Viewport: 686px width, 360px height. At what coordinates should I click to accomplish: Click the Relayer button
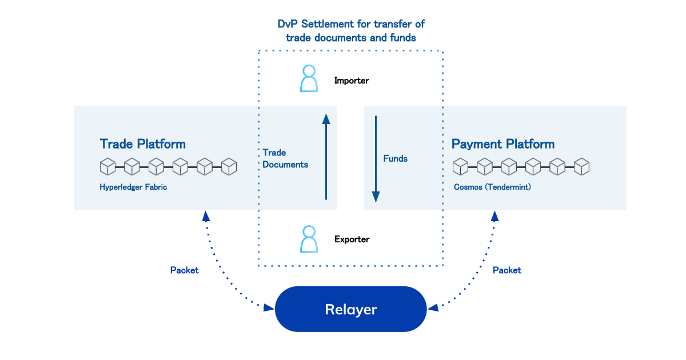350,309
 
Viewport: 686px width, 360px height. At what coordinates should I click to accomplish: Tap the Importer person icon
309,78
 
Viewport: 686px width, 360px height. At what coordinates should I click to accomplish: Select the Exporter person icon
309,239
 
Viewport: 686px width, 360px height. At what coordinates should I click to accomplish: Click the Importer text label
352,81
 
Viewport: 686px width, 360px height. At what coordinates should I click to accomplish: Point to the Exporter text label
352,239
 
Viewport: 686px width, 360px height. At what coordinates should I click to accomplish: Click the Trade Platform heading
143,144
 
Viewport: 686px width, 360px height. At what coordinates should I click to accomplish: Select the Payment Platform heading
503,144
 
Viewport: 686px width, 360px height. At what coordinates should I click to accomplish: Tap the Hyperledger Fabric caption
133,187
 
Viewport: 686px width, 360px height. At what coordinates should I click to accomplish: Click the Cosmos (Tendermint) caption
492,187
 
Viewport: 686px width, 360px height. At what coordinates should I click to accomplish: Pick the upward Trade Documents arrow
326,157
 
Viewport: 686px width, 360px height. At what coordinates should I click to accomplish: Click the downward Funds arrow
376,159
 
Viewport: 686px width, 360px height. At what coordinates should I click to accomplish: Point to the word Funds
396,159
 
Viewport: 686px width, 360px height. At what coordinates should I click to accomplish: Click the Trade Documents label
285,159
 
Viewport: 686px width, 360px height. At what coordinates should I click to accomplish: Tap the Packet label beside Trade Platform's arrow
184,270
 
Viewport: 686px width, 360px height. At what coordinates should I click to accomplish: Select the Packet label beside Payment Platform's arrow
507,270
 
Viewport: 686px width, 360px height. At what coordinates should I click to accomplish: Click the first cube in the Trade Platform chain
108,167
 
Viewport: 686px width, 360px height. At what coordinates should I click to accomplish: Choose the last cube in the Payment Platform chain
581,167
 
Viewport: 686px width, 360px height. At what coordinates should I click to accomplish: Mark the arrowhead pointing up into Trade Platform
206,216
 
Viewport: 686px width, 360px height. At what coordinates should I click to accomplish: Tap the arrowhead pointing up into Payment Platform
495,216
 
